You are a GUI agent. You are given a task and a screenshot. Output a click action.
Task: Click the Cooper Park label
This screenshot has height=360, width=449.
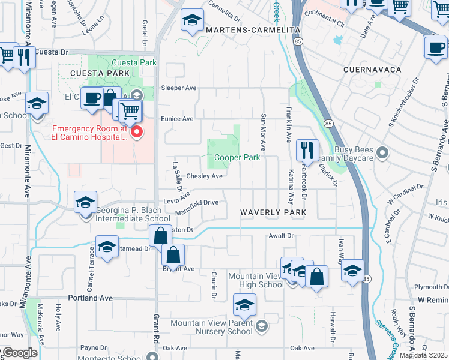click(238, 158)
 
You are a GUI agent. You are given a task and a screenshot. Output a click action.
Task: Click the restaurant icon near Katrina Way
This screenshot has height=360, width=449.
click(307, 151)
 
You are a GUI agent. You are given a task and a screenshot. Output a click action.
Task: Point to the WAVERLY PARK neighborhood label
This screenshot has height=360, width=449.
click(273, 212)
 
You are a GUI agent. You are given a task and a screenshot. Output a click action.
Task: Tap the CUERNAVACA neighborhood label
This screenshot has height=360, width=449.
click(372, 70)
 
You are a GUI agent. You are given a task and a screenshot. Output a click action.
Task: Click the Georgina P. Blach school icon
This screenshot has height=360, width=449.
click(86, 203)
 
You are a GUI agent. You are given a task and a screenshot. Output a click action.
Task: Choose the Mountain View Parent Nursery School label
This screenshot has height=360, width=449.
click(211, 327)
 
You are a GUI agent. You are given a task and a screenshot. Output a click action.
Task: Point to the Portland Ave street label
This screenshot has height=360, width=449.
click(91, 298)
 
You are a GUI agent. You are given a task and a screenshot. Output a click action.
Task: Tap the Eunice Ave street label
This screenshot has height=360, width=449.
click(177, 119)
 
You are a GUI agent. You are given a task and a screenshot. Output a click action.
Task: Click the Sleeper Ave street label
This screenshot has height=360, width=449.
click(179, 88)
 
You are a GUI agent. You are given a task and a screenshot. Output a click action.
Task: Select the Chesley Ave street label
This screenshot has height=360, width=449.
click(204, 176)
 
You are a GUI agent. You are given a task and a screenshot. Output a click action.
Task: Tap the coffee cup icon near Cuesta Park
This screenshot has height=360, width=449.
click(91, 98)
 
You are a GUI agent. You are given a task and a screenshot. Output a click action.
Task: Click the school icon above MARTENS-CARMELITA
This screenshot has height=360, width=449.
click(191, 21)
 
